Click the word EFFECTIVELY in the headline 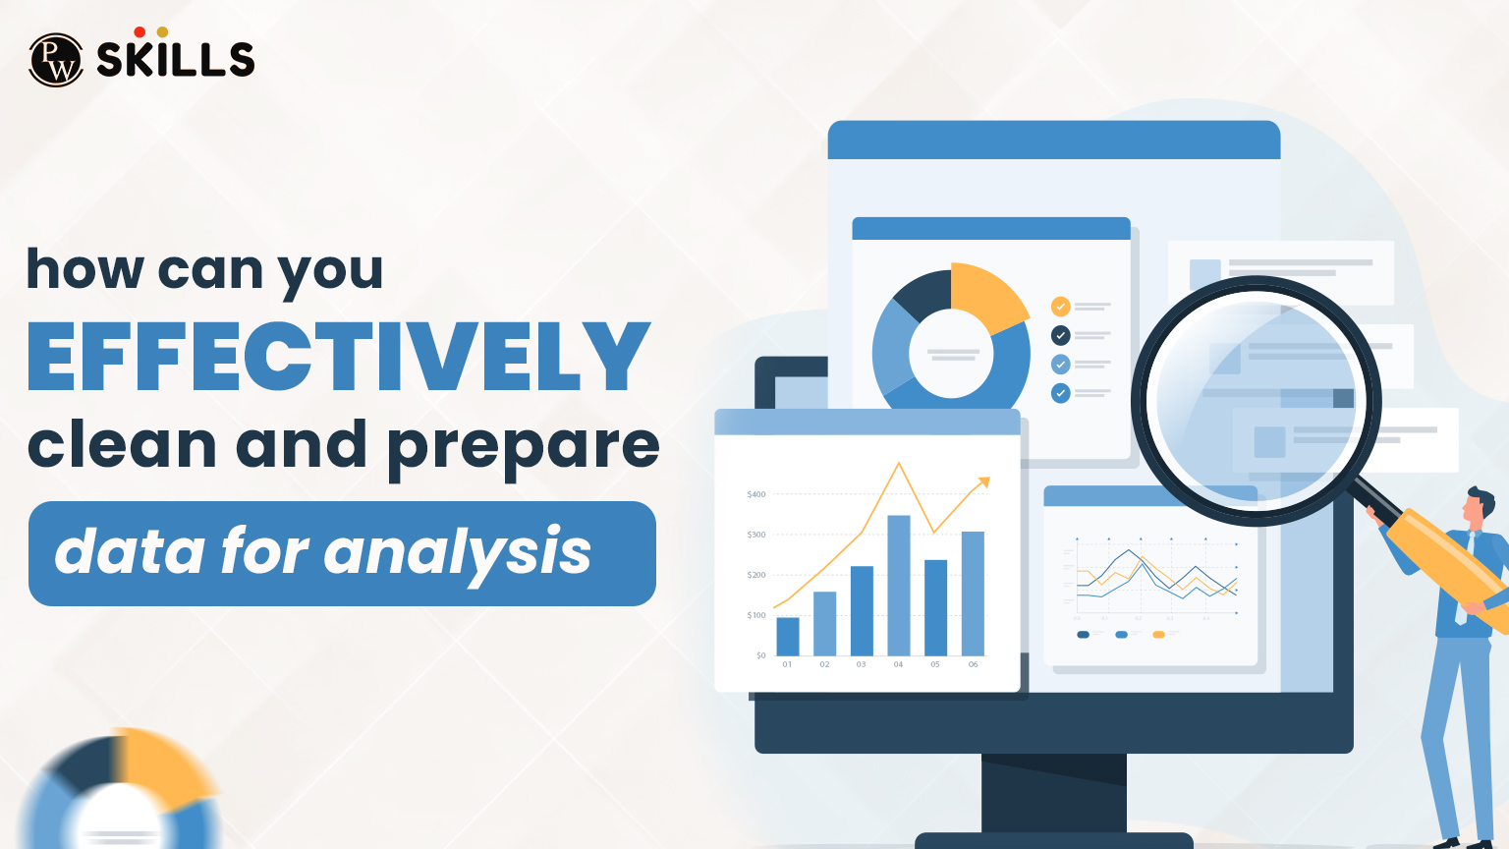coord(339,356)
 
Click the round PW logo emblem coord(56,60)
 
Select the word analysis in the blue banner coord(457,552)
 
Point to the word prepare coord(523,446)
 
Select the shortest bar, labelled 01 coord(788,636)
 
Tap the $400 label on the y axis coord(756,494)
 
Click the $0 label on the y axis coord(760,655)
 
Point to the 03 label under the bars coord(862,665)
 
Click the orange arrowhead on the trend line coord(984,481)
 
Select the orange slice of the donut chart coord(985,294)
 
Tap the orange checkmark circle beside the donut coord(1061,307)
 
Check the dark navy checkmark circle coord(1061,335)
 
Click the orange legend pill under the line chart coord(1158,635)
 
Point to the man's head coord(1476,505)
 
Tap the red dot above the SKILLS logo coord(140,32)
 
